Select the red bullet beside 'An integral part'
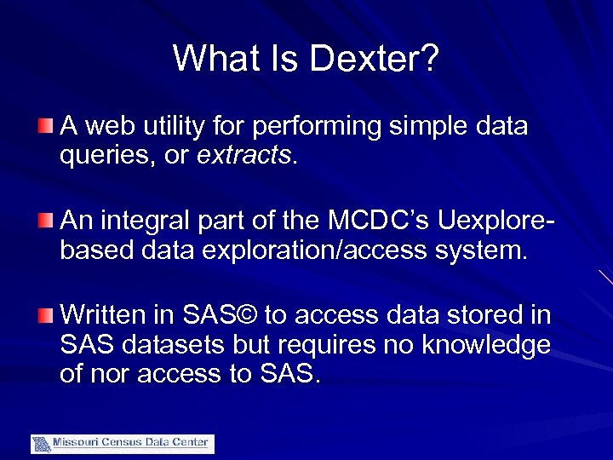click(45, 222)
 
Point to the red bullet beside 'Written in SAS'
click(45, 317)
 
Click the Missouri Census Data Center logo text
click(132, 443)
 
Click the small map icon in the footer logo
click(41, 444)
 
